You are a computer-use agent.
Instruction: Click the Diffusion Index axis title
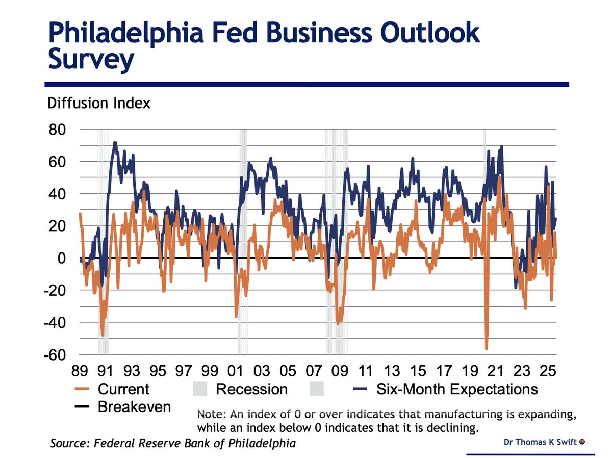(98, 103)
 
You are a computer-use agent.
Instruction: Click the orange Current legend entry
(123, 389)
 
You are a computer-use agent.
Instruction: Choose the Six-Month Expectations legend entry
(456, 389)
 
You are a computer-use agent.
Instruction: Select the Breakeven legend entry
(134, 407)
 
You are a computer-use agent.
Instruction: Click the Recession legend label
(251, 389)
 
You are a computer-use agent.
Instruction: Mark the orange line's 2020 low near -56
(487, 349)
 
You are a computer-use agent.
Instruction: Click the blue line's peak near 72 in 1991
(115, 142)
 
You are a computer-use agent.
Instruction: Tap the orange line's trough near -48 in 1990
(103, 335)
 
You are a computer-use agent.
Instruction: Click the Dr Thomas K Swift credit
(540, 442)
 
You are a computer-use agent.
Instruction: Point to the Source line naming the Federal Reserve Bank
(172, 443)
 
